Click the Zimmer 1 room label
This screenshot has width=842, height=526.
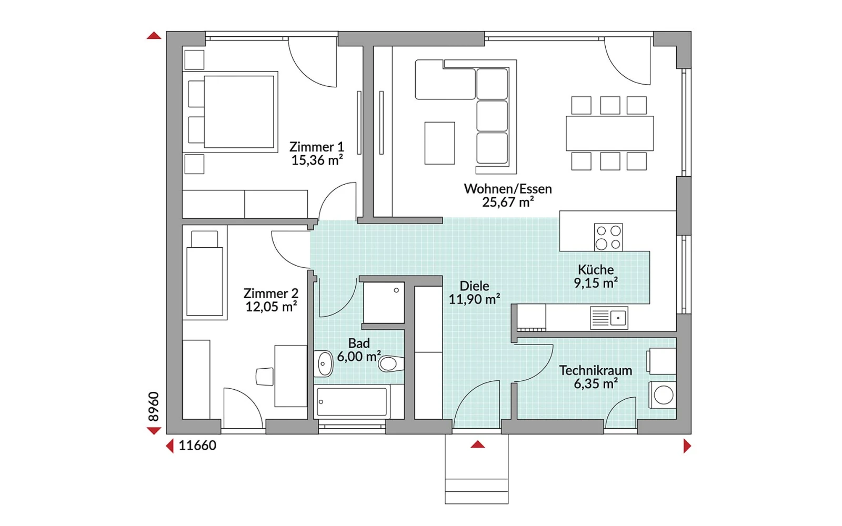tap(316, 147)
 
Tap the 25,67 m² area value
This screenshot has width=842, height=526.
tap(508, 202)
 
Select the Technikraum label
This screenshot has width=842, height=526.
tap(595, 370)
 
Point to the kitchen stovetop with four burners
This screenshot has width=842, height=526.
tap(608, 237)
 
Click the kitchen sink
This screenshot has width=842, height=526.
tap(609, 318)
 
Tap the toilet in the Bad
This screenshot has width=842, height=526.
tap(391, 363)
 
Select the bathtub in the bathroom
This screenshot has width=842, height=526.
tap(352, 402)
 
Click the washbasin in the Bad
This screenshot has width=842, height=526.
tap(323, 363)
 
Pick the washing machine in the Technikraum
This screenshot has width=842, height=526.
tap(663, 395)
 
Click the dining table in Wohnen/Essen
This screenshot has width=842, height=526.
tap(610, 134)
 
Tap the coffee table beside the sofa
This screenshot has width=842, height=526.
tap(439, 143)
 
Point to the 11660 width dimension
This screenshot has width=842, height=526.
tap(197, 446)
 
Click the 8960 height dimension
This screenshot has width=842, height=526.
tap(153, 407)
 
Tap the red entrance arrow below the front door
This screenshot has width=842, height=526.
tap(477, 444)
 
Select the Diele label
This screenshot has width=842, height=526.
tap(474, 286)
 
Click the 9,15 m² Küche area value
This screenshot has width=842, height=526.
tap(596, 283)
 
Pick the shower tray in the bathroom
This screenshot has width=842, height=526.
tap(384, 303)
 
